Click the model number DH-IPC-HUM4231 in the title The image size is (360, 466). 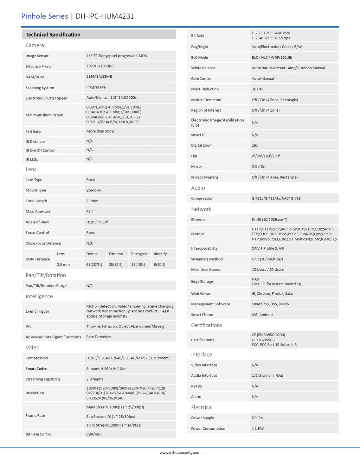tap(104, 16)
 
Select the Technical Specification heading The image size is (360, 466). tap(53, 34)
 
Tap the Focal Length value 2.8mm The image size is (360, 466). tap(92, 201)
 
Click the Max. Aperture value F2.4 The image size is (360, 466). tap(90, 211)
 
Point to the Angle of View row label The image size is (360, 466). tap(37, 222)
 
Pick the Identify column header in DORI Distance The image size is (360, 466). tap(160, 254)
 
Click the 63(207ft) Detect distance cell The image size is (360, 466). tap(94, 264)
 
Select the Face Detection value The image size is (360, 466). tap(99, 337)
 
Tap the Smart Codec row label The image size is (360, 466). tap(36, 369)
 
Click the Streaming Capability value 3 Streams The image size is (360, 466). tap(95, 379)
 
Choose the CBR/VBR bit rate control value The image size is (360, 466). tap(94, 434)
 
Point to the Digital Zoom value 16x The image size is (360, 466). tap(255, 145)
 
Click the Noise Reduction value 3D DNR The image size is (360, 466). tap(258, 89)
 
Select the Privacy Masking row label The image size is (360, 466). tap(205, 177)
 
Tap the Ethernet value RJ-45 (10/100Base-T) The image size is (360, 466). tap(269, 219)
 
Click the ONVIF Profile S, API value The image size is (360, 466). tap(268, 248)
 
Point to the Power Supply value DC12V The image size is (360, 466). tap(257, 418)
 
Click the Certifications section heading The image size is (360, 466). tap(207, 325)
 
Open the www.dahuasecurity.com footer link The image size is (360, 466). tap(180, 453)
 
